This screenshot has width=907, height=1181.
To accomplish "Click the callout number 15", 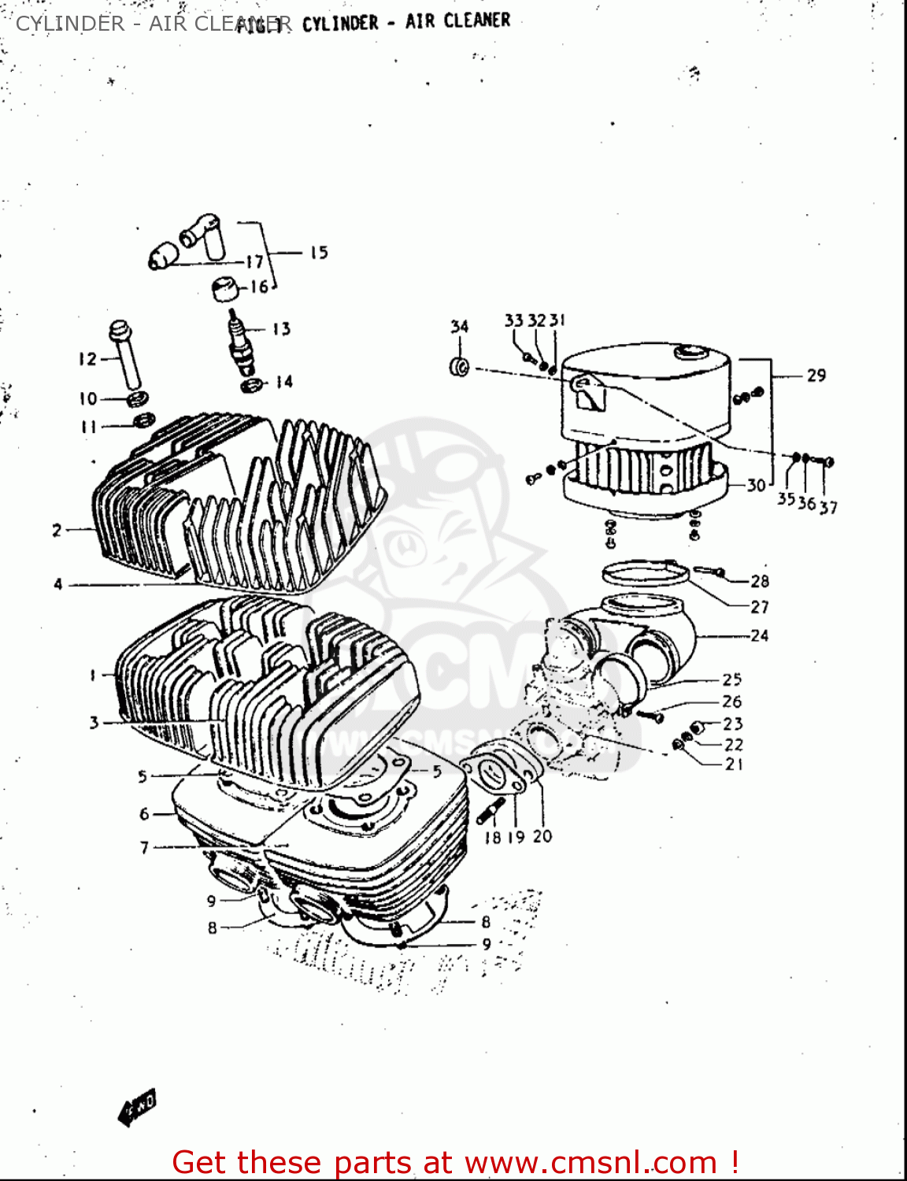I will pyautogui.click(x=318, y=253).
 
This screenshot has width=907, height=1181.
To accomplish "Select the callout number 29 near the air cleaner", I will pyautogui.click(x=816, y=376).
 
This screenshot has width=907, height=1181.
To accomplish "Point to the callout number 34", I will pyautogui.click(x=460, y=327).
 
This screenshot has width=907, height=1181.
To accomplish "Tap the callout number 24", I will pyautogui.click(x=759, y=635).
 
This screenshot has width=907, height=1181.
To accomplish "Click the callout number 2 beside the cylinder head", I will pyautogui.click(x=57, y=530).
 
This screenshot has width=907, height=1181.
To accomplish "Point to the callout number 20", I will pyautogui.click(x=542, y=836).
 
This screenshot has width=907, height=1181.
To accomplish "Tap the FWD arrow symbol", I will pyautogui.click(x=137, y=1105).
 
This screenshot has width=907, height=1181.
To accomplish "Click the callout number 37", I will pyautogui.click(x=828, y=508).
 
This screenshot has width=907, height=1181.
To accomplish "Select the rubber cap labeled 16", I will pyautogui.click(x=226, y=288).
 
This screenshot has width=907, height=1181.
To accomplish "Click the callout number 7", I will pyautogui.click(x=144, y=847).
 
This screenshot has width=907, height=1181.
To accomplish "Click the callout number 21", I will pyautogui.click(x=734, y=764).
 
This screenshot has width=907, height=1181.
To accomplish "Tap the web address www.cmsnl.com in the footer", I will pyautogui.click(x=590, y=1162).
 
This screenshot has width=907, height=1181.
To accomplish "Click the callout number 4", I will pyautogui.click(x=57, y=584).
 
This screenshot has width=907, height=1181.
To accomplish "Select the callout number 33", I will pyautogui.click(x=513, y=320).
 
